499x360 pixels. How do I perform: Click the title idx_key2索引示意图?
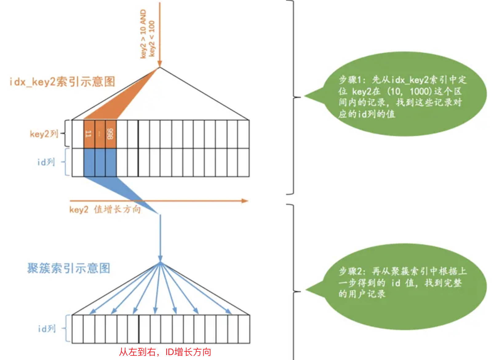coord(62,82)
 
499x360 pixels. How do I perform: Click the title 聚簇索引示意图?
coord(69,268)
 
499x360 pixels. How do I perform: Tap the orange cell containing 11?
coord(89,134)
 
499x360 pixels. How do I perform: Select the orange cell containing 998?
coord(111,134)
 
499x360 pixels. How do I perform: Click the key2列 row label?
coord(44,134)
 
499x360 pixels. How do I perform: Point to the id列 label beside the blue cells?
coord(46,162)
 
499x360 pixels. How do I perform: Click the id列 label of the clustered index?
coord(47,329)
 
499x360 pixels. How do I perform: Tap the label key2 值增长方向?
coord(105,210)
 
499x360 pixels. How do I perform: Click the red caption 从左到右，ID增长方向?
coord(165,352)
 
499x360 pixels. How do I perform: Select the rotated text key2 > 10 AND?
coord(143,34)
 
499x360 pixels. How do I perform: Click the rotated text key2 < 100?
coord(152,38)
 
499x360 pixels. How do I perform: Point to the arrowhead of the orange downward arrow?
coord(160,65)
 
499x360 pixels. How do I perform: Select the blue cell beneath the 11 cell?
coord(89,162)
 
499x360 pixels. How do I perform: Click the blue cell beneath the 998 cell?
coord(111,162)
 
